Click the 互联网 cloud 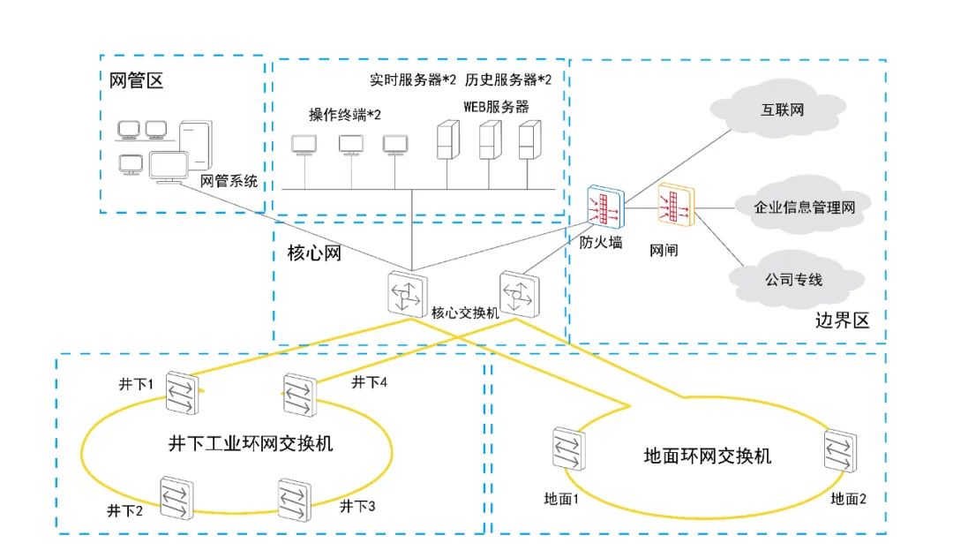782,111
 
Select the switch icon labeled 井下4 300,395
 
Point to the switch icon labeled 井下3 295,500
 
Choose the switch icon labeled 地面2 839,451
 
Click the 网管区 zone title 136,82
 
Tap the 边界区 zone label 843,320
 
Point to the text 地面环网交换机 708,456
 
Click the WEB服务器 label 496,107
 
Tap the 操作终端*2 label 344,115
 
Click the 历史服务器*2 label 508,79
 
